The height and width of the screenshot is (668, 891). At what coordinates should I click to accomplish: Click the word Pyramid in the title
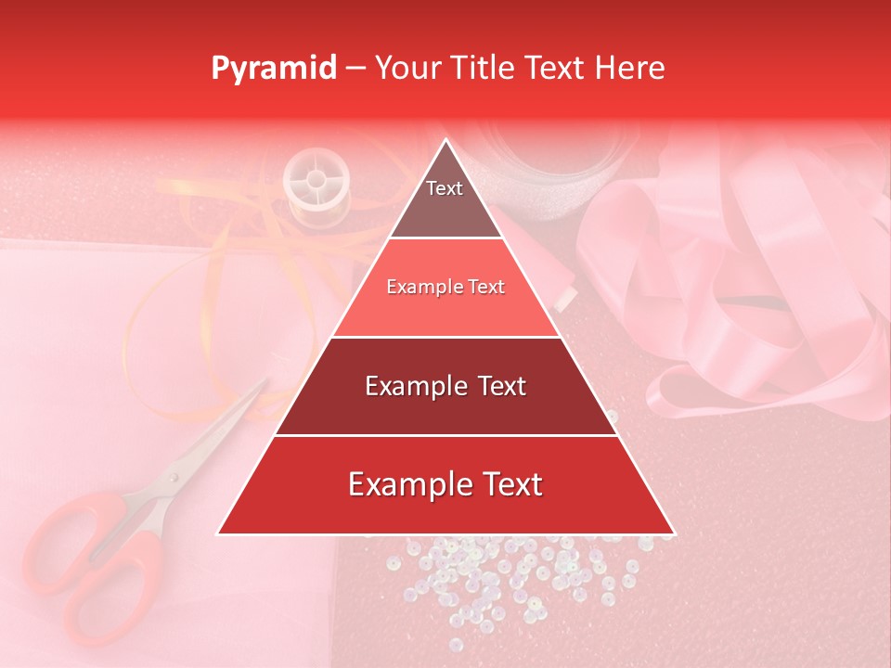(x=273, y=69)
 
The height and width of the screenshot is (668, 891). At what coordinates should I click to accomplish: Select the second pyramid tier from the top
(x=445, y=288)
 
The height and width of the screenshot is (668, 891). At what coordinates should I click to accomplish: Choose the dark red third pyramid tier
(x=445, y=386)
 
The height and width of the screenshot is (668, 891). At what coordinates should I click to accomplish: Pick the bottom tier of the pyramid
(x=445, y=484)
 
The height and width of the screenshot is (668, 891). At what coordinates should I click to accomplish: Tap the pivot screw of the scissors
(x=174, y=476)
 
